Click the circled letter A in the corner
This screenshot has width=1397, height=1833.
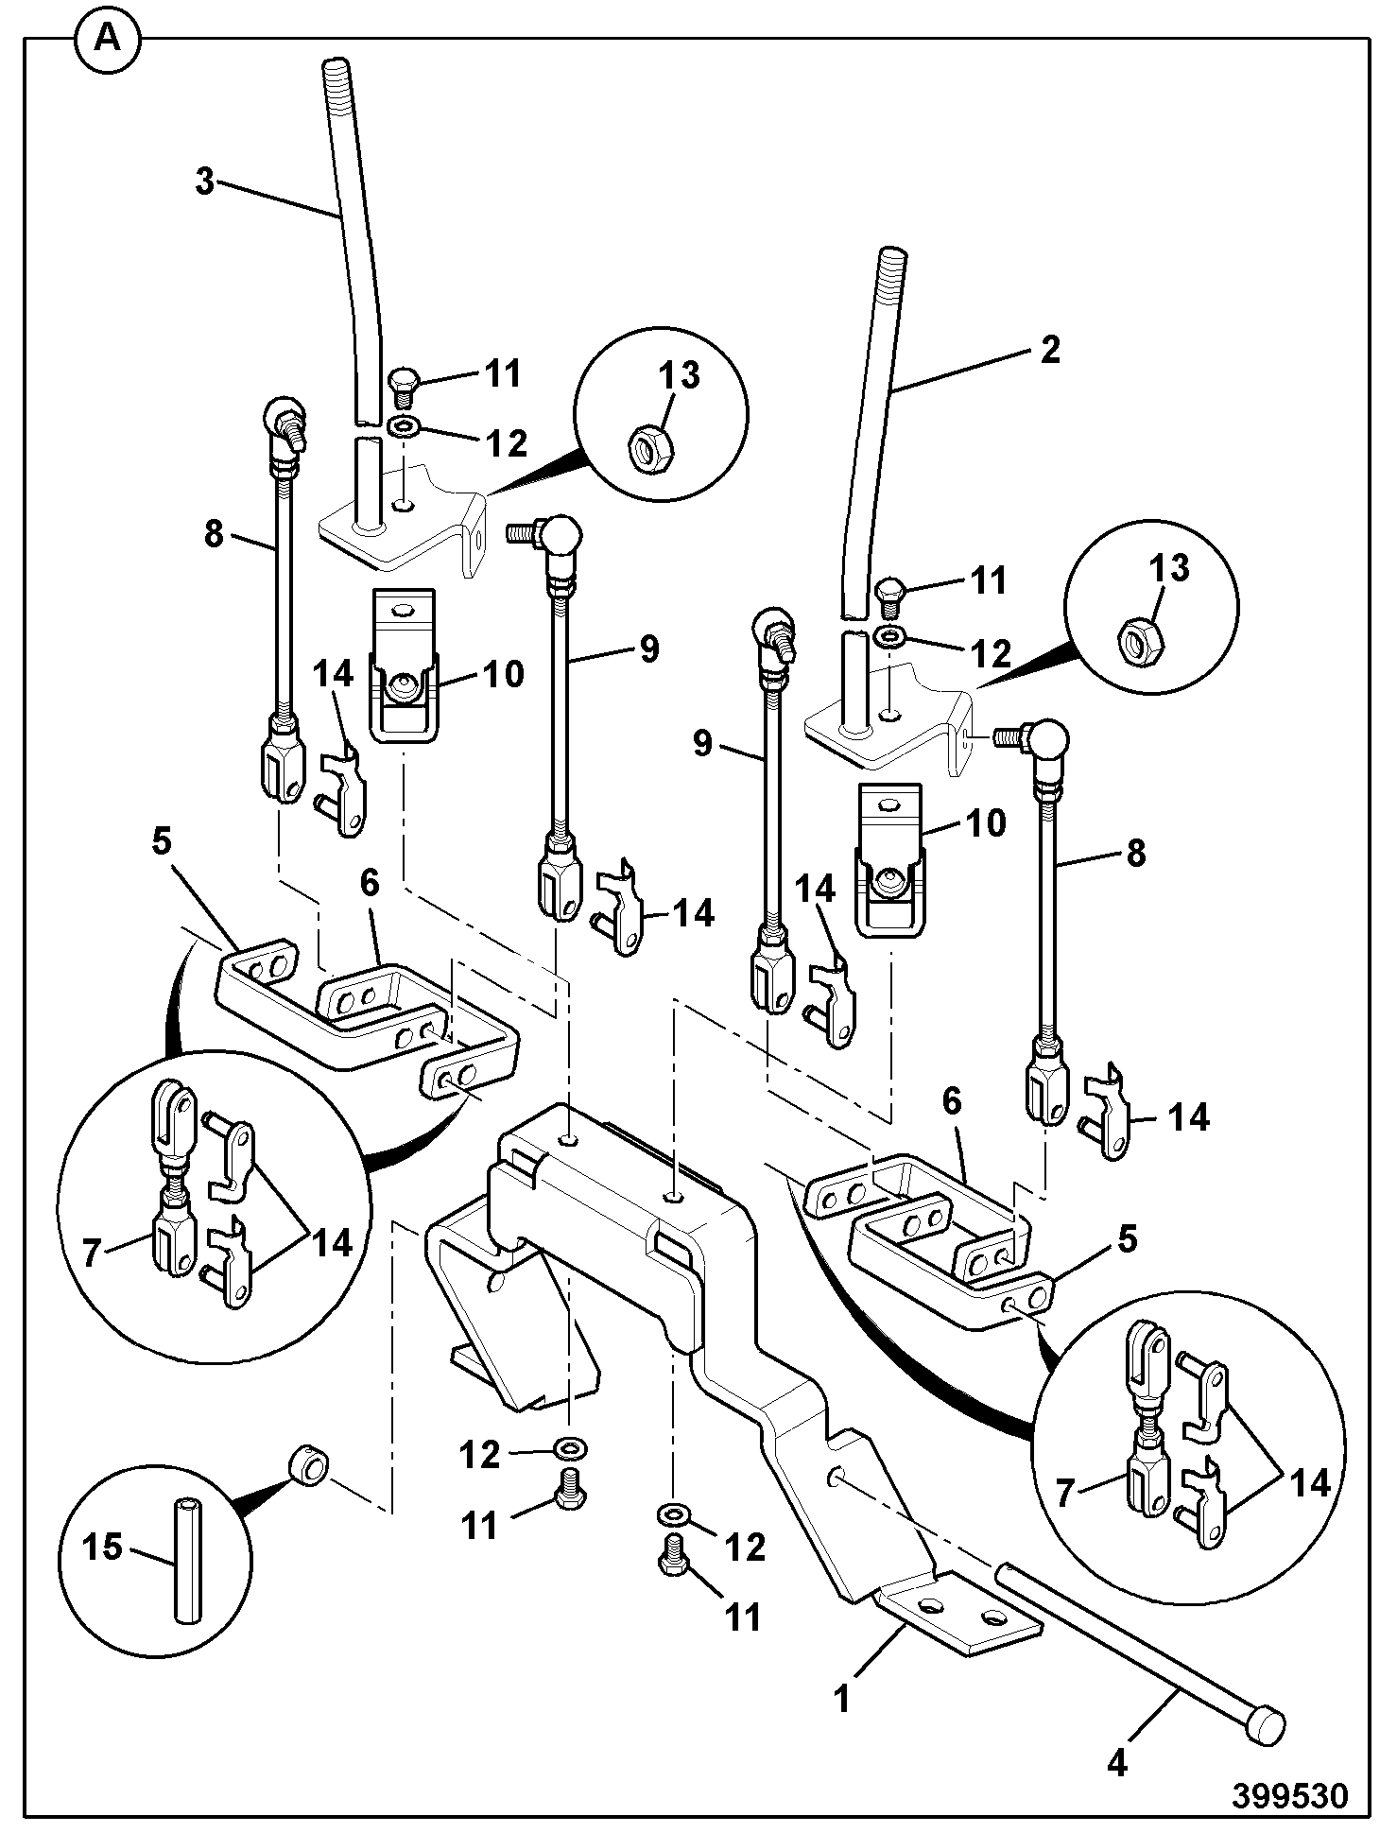pos(108,39)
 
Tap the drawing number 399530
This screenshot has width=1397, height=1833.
pos(1289,1794)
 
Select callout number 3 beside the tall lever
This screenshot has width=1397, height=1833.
pos(205,182)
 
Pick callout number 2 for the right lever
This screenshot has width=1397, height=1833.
pos(1049,351)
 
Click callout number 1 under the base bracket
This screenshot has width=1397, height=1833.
pos(841,1699)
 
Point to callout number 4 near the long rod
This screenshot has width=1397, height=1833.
pos(1117,1763)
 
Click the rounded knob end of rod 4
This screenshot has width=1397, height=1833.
pos(1265,1723)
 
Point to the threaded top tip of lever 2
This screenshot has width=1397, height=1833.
pos(892,260)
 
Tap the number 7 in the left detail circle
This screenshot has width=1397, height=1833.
pos(92,1254)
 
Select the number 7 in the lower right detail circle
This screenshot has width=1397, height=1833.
pos(1066,1494)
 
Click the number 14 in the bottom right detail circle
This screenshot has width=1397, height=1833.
pos(1310,1483)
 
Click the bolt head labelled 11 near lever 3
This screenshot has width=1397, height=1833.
pos(404,380)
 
